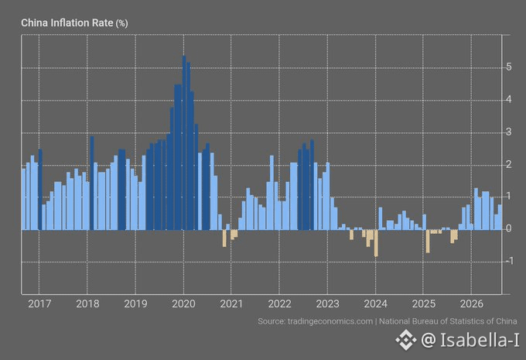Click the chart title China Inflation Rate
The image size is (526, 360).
(67, 22)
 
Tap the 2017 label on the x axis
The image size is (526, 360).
(39, 304)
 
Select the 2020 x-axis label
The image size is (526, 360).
(183, 304)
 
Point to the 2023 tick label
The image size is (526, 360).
(327, 304)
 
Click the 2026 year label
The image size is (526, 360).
(471, 304)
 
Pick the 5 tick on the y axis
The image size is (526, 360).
(509, 67)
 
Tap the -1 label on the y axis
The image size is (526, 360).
(509, 261)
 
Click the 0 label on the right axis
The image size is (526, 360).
(509, 228)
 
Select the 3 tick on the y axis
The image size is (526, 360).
(509, 132)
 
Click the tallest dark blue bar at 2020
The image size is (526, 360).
(184, 142)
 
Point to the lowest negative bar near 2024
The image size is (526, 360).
(376, 243)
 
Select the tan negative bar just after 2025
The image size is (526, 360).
(428, 241)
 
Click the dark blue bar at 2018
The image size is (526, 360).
(92, 183)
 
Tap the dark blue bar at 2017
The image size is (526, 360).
(40, 190)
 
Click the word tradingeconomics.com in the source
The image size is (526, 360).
(330, 321)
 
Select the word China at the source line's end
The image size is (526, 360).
(506, 321)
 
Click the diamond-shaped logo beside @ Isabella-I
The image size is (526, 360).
(405, 340)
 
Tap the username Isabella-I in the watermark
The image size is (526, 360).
(480, 340)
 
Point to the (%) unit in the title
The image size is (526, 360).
(121, 23)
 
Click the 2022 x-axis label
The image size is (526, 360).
(279, 304)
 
